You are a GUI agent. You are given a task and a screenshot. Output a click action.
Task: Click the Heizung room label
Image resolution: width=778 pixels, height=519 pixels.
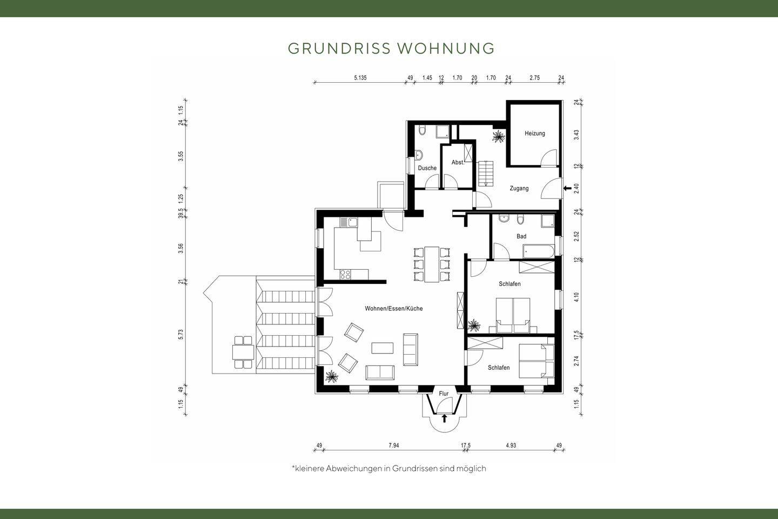pos(534,133)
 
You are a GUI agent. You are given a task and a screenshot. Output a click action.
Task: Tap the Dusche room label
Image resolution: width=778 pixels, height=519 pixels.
pos(427,168)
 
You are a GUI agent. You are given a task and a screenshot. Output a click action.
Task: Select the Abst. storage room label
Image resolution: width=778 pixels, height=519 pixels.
pos(458,162)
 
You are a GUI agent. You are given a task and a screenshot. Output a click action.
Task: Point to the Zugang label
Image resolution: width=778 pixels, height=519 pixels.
pos(519,189)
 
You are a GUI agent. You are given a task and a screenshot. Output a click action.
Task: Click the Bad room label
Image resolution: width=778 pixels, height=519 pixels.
pos(521,236)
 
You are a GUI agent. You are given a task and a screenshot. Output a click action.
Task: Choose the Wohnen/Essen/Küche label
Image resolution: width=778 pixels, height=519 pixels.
pos(393,308)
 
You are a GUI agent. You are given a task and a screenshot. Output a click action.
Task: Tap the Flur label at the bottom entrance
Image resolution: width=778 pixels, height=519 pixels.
pos(444,394)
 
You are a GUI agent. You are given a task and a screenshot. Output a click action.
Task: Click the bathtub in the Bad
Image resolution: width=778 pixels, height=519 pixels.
pos(539,251)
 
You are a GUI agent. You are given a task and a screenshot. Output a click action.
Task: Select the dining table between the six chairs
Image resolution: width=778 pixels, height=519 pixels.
pos(432,264)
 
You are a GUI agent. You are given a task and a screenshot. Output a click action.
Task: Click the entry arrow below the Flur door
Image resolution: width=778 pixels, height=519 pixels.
pos(444,418)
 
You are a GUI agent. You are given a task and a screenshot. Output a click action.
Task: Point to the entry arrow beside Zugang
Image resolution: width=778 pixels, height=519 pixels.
pos(567,189)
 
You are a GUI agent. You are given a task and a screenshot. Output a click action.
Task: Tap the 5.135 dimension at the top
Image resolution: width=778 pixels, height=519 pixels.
pos(360,78)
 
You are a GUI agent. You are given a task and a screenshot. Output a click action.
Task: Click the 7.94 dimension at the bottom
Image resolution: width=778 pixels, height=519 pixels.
pos(393,445)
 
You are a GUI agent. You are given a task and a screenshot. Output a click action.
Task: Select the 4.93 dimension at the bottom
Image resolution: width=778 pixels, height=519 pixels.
pos(511,445)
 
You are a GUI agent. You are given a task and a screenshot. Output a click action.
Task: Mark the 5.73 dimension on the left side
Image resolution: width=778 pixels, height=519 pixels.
pos(180,335)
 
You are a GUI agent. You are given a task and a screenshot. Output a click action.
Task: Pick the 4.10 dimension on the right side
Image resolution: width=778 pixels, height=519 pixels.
pos(576,297)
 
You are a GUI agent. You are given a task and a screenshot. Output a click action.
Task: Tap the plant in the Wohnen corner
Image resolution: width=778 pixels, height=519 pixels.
pos(331,376)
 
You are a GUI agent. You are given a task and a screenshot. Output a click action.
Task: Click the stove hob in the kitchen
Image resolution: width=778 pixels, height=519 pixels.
pos(345,274)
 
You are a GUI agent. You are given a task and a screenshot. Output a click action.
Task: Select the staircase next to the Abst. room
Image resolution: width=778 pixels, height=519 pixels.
pos(486,173)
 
